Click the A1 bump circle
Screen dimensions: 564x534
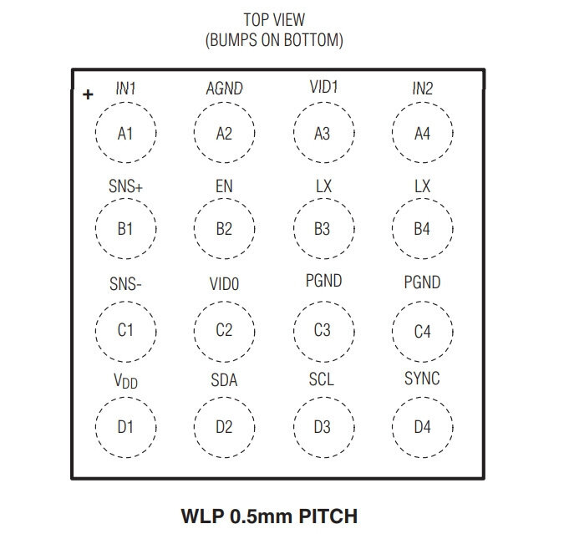(96, 132)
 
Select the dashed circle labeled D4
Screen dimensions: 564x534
(393, 427)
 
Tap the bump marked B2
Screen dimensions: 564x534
(194, 228)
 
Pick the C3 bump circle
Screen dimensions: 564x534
(294, 332)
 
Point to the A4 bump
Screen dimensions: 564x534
(393, 132)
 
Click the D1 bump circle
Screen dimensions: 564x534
(96, 427)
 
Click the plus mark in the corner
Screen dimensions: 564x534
(88, 94)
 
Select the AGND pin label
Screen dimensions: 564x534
(225, 89)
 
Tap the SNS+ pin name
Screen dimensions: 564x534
(125, 186)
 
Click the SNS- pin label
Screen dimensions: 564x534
(125, 284)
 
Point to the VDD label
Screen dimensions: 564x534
(125, 381)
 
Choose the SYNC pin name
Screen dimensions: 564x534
(422, 379)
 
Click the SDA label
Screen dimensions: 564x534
(224, 380)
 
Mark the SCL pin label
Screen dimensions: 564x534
(322, 379)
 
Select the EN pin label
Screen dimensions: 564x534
(224, 186)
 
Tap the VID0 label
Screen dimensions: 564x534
(225, 284)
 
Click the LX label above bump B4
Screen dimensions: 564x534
(422, 186)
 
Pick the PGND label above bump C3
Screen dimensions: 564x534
(323, 281)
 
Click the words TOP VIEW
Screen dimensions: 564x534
(274, 20)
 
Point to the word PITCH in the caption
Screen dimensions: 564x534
(328, 516)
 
